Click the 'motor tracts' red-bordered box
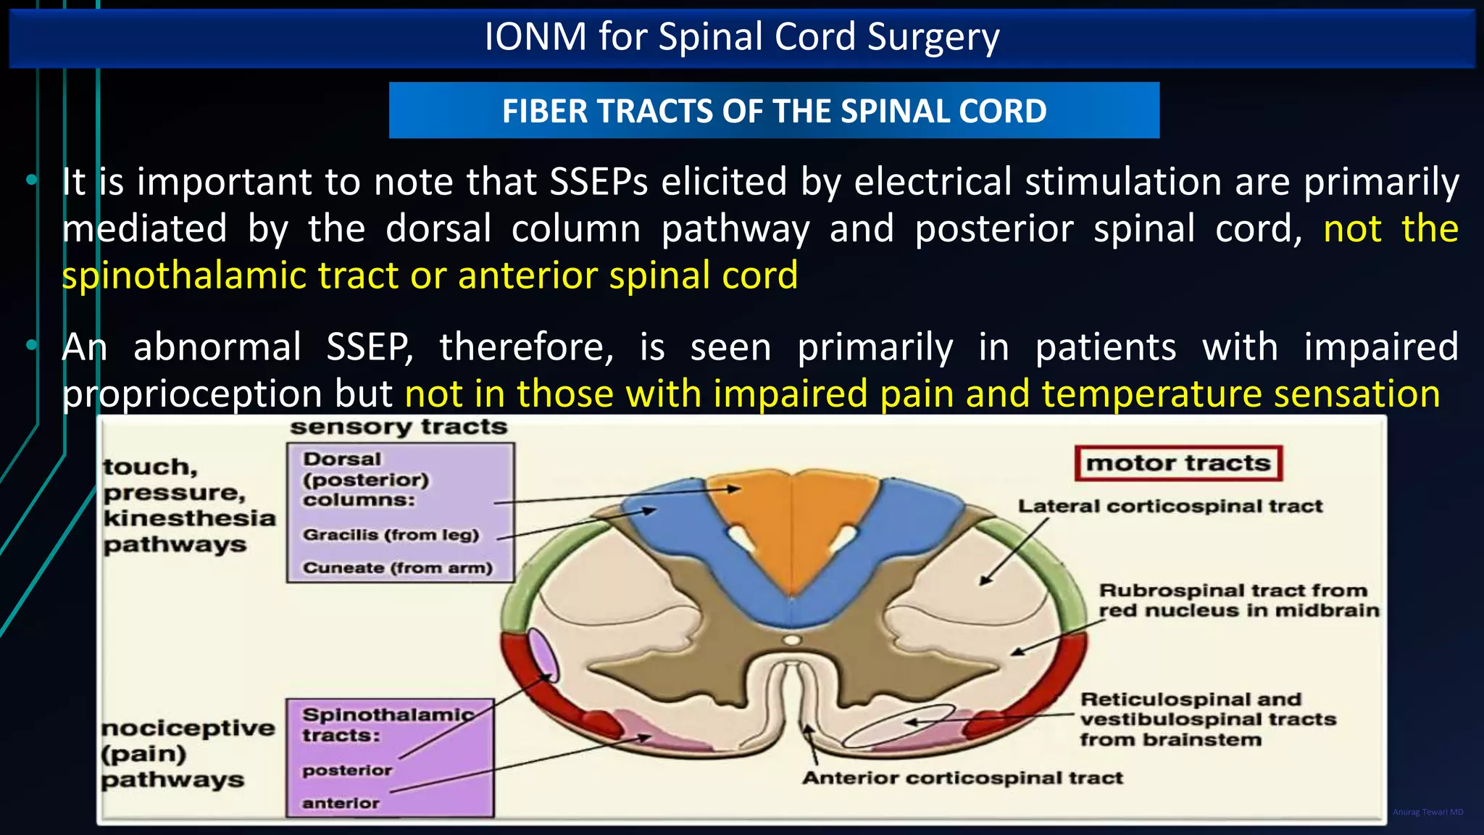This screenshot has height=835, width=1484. click(1178, 463)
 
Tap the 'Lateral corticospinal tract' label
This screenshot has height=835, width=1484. click(1170, 506)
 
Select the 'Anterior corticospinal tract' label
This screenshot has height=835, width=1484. click(962, 778)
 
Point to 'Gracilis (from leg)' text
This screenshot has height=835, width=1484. click(391, 535)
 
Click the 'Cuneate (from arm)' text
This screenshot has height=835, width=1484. click(397, 568)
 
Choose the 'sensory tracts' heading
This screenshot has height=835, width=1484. click(398, 427)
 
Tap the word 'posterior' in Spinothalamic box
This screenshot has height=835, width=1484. click(347, 770)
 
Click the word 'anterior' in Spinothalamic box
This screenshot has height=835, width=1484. click(341, 803)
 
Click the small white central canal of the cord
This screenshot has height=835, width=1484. click(793, 640)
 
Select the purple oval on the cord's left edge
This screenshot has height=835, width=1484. click(543, 655)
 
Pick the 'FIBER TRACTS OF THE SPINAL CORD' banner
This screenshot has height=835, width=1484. click(774, 111)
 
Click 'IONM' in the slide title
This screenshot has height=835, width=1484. click(535, 36)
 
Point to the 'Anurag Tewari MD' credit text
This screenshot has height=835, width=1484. click(1427, 812)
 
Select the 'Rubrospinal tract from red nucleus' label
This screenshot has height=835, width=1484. click(1238, 600)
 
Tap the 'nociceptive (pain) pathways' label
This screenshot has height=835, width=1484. click(187, 754)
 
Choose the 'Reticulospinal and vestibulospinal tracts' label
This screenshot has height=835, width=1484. click(1207, 719)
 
